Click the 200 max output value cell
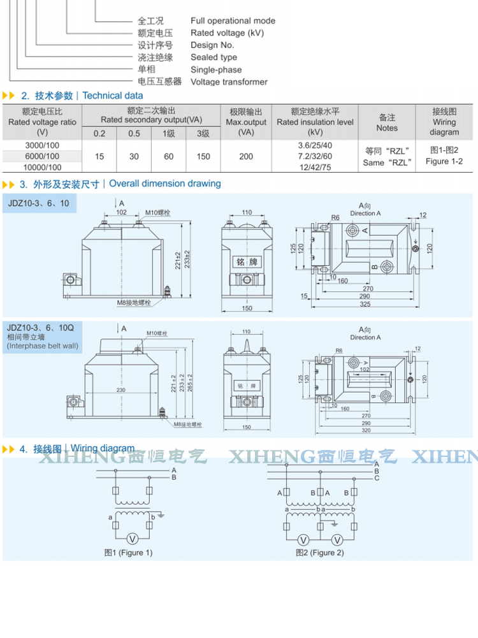(246, 156)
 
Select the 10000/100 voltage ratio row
(43, 167)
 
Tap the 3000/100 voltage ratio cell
(43, 146)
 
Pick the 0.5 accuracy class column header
(134, 133)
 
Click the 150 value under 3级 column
(203, 156)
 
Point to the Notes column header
(387, 122)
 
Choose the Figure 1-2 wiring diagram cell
(444, 156)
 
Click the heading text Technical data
(113, 96)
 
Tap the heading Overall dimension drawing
(165, 184)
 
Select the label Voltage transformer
(229, 82)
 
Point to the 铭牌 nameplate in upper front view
(245, 261)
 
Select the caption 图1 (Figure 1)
(129, 553)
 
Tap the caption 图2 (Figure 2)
(320, 553)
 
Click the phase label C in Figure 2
(377, 478)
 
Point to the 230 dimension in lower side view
(120, 390)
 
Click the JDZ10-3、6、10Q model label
(40, 327)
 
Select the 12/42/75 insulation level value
(315, 167)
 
